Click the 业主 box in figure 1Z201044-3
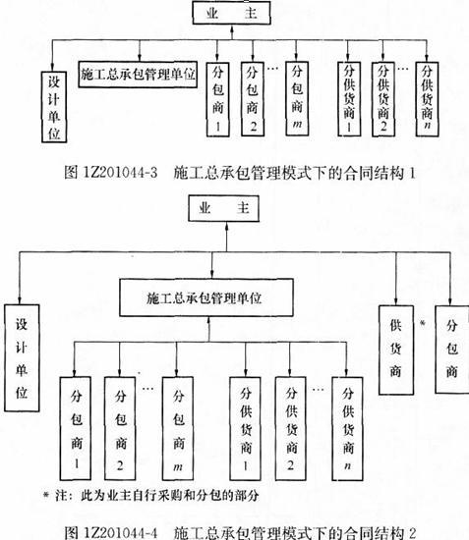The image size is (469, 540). tap(231, 13)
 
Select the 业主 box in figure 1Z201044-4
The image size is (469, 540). tap(224, 208)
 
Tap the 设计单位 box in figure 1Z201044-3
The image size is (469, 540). tap(54, 107)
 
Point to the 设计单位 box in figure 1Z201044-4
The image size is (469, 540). tap(22, 357)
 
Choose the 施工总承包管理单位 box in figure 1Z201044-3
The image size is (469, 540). tap(138, 74)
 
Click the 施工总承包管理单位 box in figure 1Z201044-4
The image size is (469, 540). tap(206, 297)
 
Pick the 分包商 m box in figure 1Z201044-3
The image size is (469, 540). tap(297, 99)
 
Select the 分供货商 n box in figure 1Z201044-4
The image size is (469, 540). tap(348, 428)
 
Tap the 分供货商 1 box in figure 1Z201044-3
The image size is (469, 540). tap(349, 99)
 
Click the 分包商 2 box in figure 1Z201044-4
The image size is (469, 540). tap(120, 428)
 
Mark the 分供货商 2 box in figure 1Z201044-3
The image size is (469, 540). tap(383, 99)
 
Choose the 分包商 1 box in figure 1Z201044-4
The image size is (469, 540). tap(76, 428)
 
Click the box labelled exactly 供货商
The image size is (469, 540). tap(396, 350)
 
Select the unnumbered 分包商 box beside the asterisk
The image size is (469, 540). tap(452, 349)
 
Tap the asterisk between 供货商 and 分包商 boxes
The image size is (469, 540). tap(423, 323)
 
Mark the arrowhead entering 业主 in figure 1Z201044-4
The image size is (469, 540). tap(226, 226)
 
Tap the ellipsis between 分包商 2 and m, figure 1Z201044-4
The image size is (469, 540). tap(147, 389)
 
